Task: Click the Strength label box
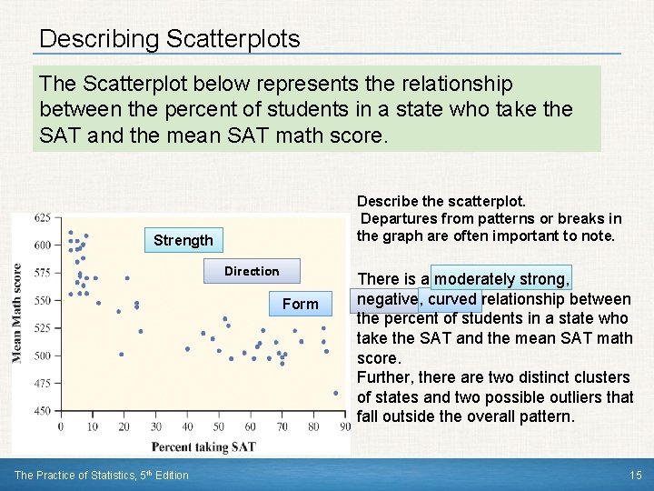pos(183,240)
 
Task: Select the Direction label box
pos(252,271)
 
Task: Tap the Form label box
pos(300,304)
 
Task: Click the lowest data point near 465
pos(335,393)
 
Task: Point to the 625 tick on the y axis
pos(42,217)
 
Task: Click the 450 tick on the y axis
pos(42,411)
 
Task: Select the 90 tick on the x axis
pos(344,426)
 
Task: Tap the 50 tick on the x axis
pos(219,426)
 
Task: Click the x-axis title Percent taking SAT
pos(203,446)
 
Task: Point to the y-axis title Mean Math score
pos(17,314)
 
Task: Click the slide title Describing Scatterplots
pos(170,39)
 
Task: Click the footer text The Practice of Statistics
pos(102,475)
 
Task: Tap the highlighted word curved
pos(452,299)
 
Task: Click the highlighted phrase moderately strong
pos(502,279)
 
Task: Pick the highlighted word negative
pos(387,299)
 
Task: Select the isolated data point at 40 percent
pos(187,348)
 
